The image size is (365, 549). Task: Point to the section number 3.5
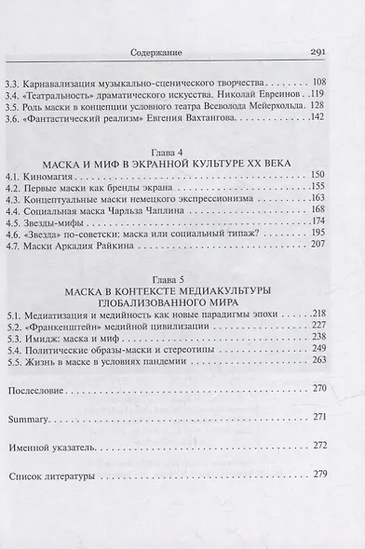tap(14, 106)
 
